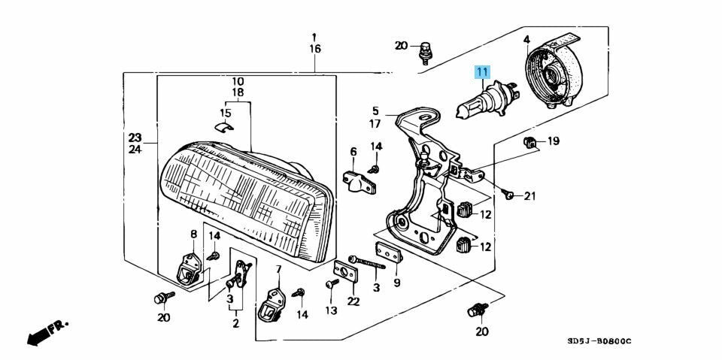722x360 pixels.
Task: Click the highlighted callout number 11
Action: [481, 72]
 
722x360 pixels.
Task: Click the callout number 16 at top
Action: [314, 49]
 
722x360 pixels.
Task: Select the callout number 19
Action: [553, 141]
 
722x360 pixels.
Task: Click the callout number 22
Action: [353, 301]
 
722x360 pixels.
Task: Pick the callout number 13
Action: [331, 310]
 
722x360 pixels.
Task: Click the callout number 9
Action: [396, 283]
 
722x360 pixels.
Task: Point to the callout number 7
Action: [278, 269]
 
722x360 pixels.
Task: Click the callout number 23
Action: [134, 138]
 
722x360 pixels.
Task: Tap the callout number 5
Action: [375, 110]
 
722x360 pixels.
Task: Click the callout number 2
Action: [235, 324]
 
